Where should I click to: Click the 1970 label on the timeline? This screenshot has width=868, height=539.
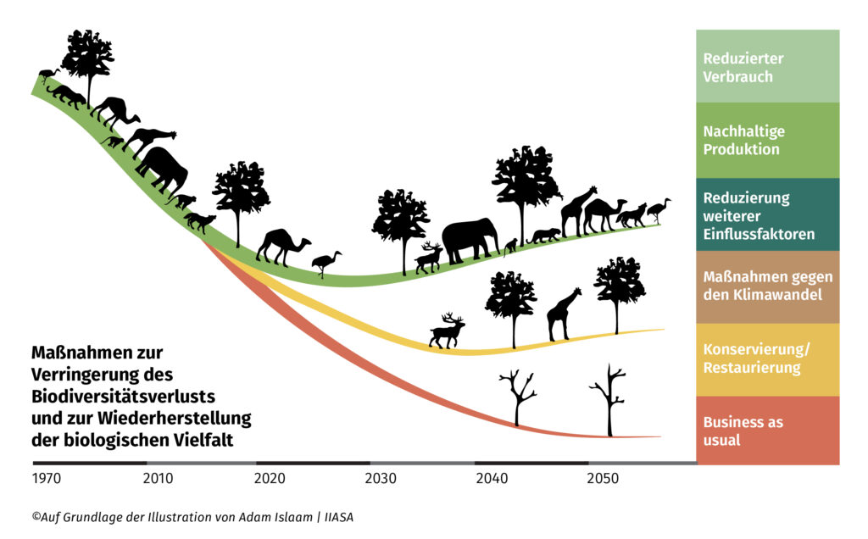[47, 478]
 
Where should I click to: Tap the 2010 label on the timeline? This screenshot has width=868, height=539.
[158, 478]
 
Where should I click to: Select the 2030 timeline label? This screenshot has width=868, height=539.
[381, 478]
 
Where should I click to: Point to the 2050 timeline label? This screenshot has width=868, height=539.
[603, 478]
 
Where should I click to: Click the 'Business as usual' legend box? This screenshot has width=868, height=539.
[767, 431]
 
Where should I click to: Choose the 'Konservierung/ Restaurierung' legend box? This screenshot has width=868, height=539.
[767, 359]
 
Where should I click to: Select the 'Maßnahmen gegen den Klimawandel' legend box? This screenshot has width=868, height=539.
[767, 286]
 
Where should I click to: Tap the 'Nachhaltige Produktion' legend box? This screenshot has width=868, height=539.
[767, 141]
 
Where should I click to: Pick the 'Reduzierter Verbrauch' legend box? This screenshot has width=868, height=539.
[767, 67]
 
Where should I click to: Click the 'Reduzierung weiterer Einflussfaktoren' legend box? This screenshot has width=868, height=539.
[767, 214]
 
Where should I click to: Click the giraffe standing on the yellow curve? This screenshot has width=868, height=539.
[564, 314]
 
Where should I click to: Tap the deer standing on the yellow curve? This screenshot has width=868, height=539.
[447, 331]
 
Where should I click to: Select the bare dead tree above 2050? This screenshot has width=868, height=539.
[608, 399]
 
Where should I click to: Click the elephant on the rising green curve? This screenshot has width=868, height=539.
[470, 240]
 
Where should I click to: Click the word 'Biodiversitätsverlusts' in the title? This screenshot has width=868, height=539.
[123, 396]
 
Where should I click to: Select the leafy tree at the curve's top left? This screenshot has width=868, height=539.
[87, 58]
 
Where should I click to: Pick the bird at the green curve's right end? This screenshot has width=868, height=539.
[658, 209]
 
